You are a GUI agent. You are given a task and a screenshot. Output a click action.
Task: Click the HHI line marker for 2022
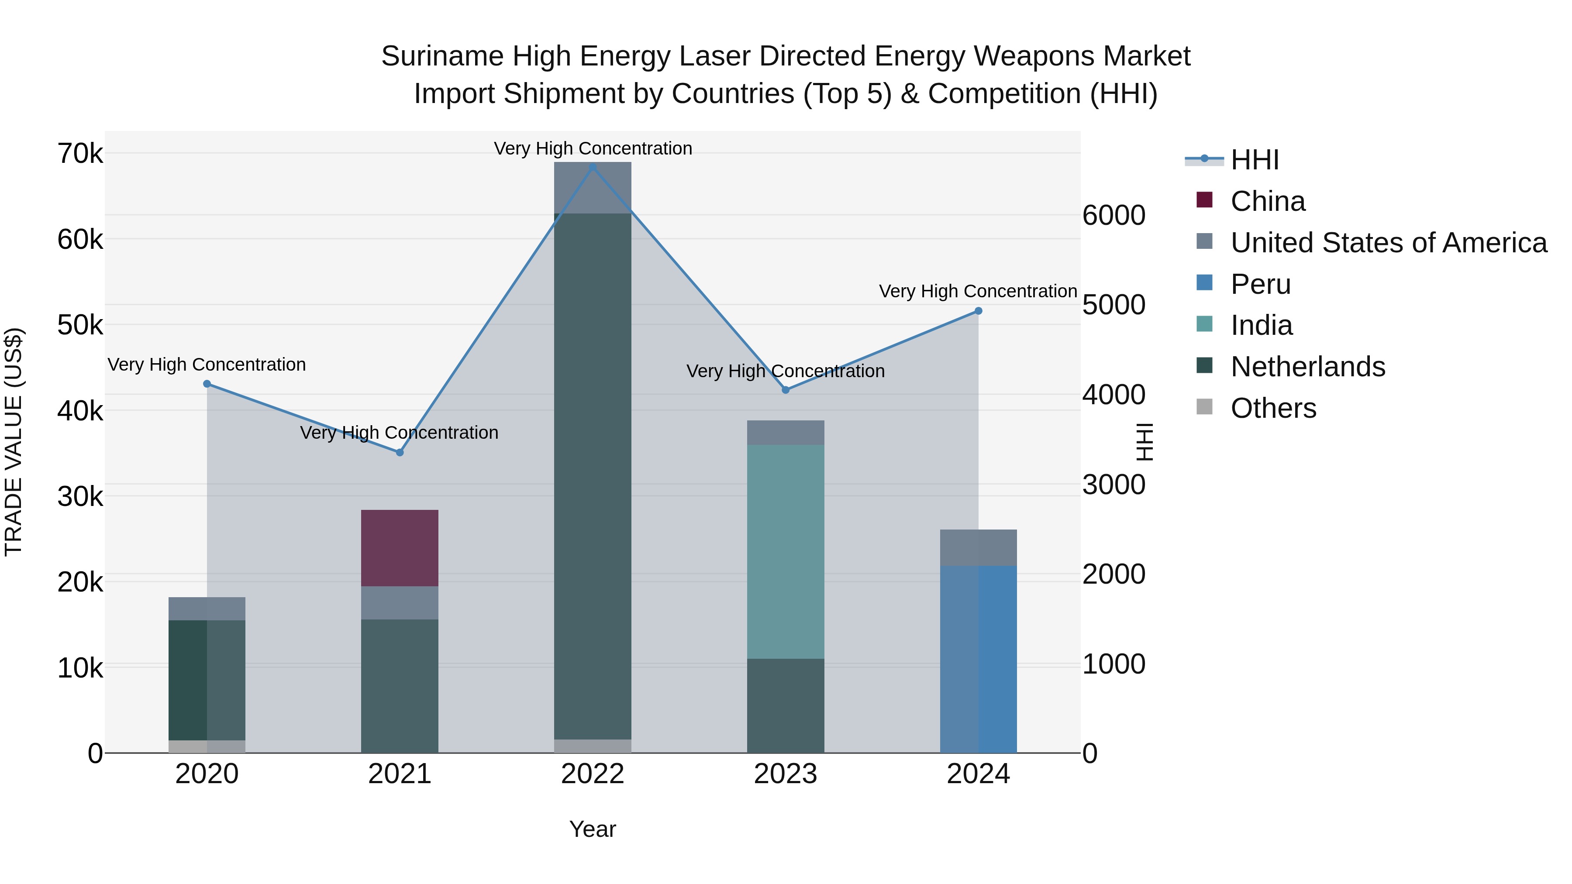tap(593, 167)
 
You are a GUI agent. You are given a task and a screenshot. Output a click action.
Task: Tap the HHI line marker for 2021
tap(400, 452)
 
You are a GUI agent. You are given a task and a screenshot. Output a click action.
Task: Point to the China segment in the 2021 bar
tap(400, 548)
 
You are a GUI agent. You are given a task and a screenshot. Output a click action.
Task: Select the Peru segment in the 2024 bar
tap(978, 659)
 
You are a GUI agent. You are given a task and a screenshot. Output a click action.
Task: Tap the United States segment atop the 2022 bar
tap(593, 188)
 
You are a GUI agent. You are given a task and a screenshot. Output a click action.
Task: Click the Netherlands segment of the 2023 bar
tap(786, 705)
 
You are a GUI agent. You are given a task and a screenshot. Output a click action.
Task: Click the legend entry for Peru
tap(1260, 284)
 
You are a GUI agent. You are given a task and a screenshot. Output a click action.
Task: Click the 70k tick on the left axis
tap(80, 153)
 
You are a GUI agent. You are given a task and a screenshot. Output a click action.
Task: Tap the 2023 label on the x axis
tap(786, 774)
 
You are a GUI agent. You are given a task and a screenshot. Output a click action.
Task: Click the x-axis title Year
tap(593, 829)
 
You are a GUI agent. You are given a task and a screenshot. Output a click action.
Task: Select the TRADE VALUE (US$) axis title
tap(14, 442)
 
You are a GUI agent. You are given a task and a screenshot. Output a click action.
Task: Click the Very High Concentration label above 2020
tap(207, 365)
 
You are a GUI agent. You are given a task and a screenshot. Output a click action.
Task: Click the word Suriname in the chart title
tap(442, 56)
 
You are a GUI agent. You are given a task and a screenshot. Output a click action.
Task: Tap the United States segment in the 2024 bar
tap(978, 548)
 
